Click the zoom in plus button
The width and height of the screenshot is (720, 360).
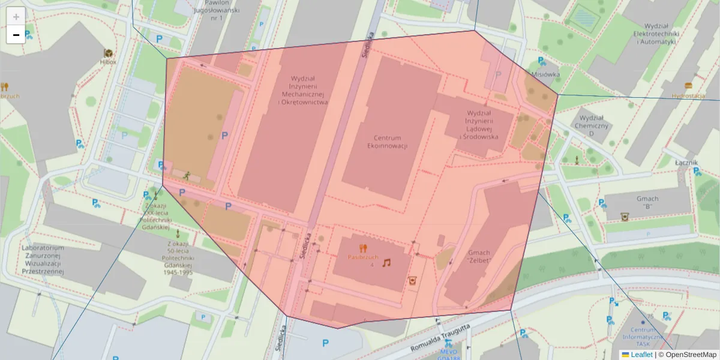pyautogui.click(x=16, y=16)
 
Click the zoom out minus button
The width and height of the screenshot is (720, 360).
pyautogui.click(x=16, y=35)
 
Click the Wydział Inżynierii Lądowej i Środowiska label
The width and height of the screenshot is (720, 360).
pyautogui.click(x=478, y=125)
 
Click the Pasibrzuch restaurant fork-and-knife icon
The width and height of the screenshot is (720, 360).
pyautogui.click(x=362, y=247)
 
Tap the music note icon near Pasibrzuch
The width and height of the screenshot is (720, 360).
pyautogui.click(x=387, y=263)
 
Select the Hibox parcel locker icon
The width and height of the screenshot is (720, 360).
pyautogui.click(x=109, y=53)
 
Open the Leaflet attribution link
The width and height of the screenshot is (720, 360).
pyautogui.click(x=641, y=355)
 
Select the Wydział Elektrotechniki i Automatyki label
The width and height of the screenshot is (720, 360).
pyautogui.click(x=660, y=34)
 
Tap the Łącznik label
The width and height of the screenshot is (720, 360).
pyautogui.click(x=685, y=162)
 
